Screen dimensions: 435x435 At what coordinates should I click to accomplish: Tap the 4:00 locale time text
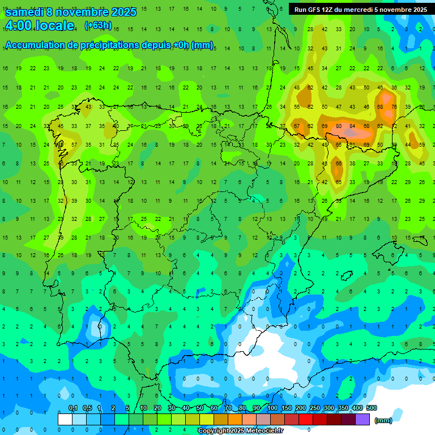[x=39, y=25]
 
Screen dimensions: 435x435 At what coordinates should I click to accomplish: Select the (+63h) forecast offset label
[x=97, y=25]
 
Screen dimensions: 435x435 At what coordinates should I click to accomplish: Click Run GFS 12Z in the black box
[x=314, y=9]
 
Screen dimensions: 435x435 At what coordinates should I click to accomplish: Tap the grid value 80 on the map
[x=339, y=126]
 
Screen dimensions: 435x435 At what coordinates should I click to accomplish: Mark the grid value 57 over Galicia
[x=74, y=145]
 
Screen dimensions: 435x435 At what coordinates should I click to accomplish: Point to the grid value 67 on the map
[x=297, y=126]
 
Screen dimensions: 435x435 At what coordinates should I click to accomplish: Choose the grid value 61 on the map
[x=352, y=145]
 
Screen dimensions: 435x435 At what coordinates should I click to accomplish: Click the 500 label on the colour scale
[x=371, y=408]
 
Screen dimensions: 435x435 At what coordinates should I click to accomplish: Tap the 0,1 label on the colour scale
[x=73, y=408]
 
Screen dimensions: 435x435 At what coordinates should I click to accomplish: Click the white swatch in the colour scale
[x=65, y=419]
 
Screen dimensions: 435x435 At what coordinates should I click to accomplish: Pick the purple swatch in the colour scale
[x=362, y=419]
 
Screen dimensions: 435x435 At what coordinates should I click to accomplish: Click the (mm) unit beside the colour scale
[x=383, y=420]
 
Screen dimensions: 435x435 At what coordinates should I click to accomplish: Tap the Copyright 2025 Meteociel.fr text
[x=240, y=431]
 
